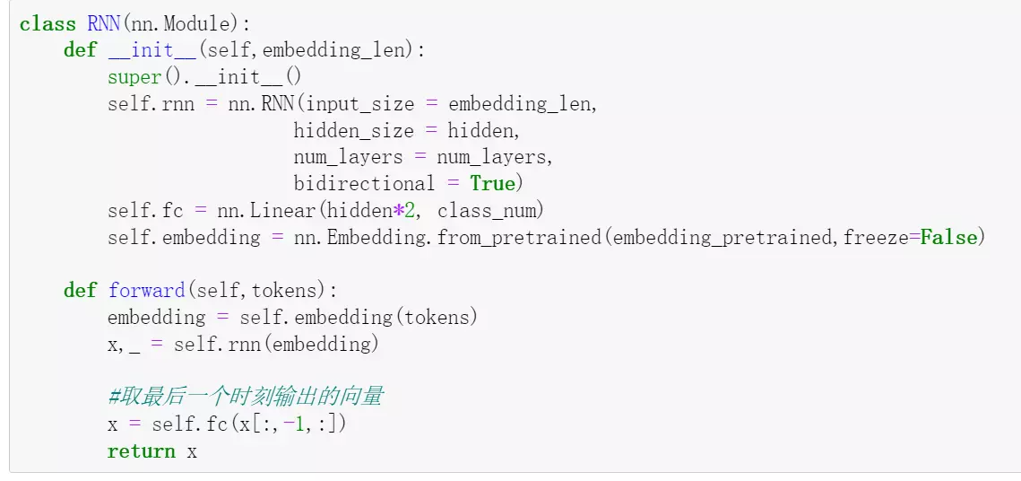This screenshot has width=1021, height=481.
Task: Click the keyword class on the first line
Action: pyautogui.click(x=48, y=24)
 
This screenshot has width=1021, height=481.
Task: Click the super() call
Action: pyautogui.click(x=134, y=77)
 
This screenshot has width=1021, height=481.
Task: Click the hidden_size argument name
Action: pyautogui.click(x=354, y=131)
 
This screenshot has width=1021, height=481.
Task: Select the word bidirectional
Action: pyautogui.click(x=363, y=184)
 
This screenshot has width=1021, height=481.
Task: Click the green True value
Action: pyautogui.click(x=493, y=184)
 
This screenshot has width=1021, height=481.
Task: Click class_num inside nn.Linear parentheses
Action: pyautogui.click(x=490, y=211)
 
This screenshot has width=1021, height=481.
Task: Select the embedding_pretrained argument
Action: pyautogui.click(x=724, y=238)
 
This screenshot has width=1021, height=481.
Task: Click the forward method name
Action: pyautogui.click(x=146, y=291)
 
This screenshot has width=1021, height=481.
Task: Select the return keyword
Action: pyautogui.click(x=141, y=451)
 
